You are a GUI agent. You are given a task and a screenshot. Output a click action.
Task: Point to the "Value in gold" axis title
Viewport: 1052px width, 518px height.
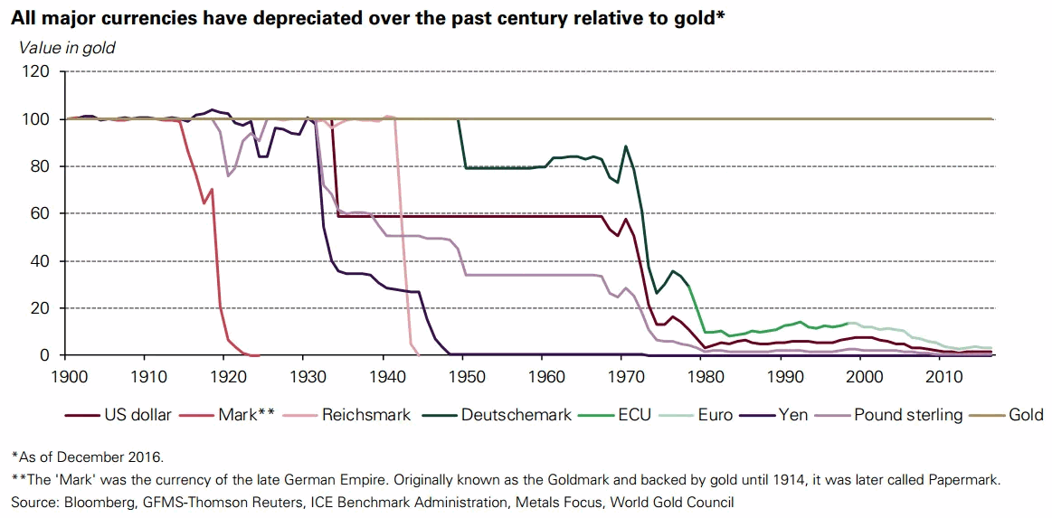tap(68, 47)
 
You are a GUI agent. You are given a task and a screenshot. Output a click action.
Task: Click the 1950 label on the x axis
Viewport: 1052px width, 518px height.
tap(463, 374)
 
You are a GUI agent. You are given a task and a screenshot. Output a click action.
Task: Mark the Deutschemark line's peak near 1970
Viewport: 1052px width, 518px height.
tap(625, 146)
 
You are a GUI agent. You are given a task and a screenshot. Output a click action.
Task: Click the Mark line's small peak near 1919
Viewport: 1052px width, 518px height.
tap(212, 189)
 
